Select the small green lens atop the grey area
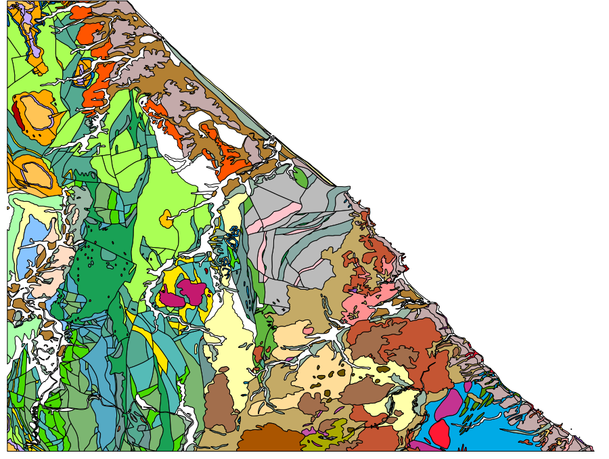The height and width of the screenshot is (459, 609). (x=300, y=177)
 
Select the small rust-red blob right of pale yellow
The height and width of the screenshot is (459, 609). (x=258, y=353)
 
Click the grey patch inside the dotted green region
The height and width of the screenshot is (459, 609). (x=109, y=255)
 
